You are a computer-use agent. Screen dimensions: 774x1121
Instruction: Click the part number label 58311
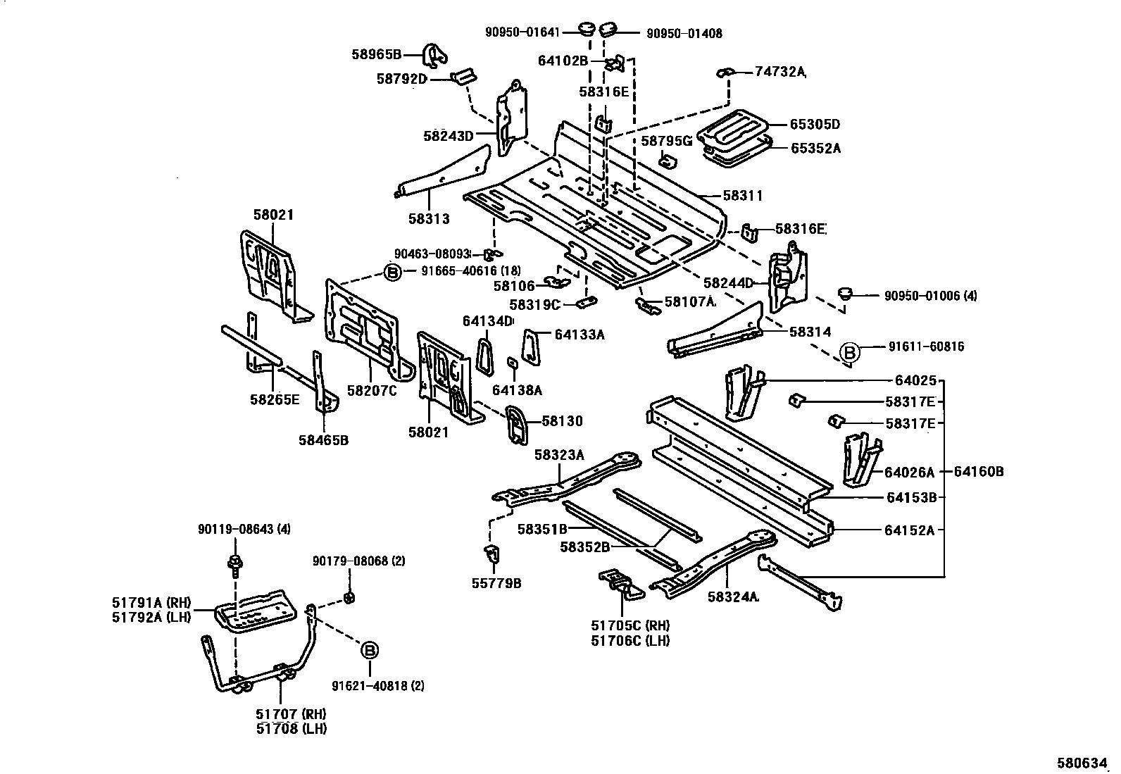tap(744, 196)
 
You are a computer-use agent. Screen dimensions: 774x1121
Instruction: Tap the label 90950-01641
tap(522, 32)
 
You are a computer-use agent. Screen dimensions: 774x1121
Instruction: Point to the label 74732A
tap(779, 71)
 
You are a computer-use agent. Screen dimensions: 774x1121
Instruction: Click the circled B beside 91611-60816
tap(851, 351)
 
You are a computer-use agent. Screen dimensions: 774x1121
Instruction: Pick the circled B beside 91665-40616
tap(392, 272)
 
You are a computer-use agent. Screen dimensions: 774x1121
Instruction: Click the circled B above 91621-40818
tap(370, 651)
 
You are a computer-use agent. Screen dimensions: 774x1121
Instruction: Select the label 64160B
tap(979, 472)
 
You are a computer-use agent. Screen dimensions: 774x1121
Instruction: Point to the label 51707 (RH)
tap(289, 714)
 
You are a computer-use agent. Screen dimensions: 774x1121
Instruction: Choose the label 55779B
tap(497, 583)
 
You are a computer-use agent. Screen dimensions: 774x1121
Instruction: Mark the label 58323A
tap(559, 455)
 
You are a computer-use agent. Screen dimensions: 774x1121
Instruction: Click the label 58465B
tap(323, 441)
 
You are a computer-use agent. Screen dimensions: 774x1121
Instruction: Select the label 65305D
tap(815, 125)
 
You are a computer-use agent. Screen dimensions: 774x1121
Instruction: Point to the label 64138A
tap(517, 390)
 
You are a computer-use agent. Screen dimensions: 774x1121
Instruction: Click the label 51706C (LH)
tap(630, 640)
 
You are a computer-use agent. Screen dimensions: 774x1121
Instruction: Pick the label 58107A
tap(690, 301)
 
